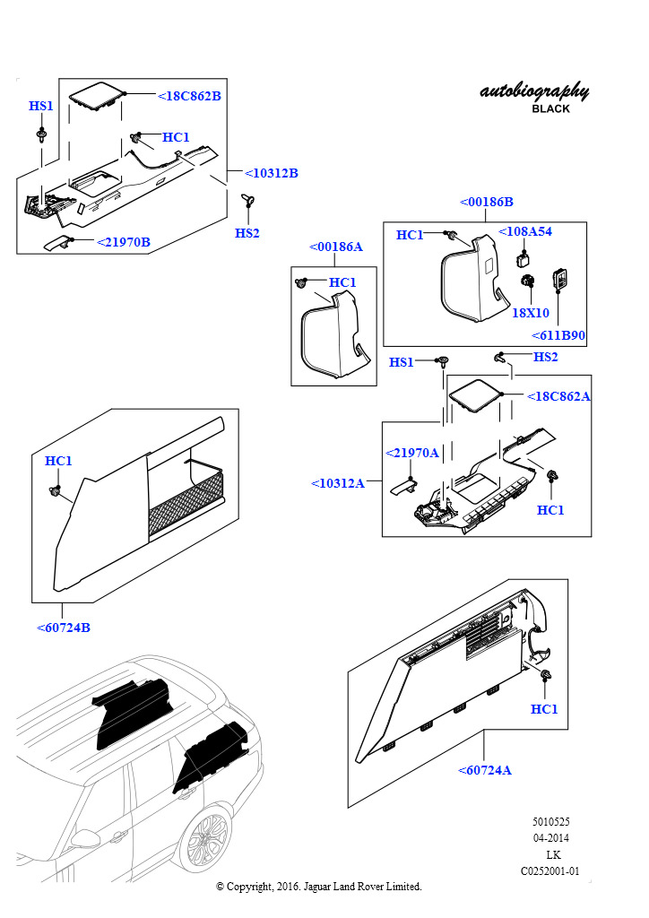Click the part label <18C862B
[189, 96]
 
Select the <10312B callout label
[271, 173]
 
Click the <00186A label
[335, 247]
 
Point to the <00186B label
[486, 202]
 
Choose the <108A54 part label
[525, 231]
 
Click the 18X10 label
[530, 313]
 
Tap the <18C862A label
[558, 396]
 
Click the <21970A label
[411, 453]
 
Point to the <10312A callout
[338, 483]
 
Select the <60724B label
[64, 628]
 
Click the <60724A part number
[484, 770]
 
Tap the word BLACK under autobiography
[550, 108]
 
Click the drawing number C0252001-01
[550, 870]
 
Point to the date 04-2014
[550, 838]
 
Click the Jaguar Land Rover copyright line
[319, 887]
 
